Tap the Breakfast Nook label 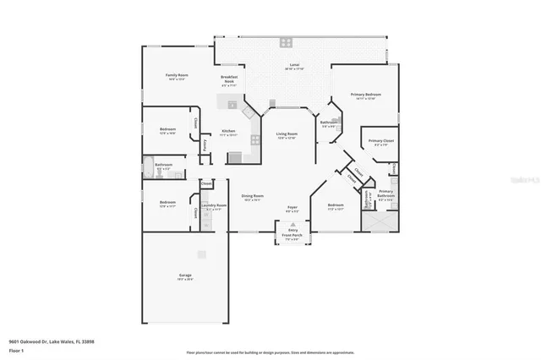[x=229, y=80]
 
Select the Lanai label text [x=294, y=66]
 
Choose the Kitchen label [x=228, y=131]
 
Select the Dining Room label [x=253, y=196]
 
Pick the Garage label [x=185, y=276]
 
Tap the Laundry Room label [x=215, y=206]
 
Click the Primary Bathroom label [x=385, y=194]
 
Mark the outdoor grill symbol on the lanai [x=287, y=41]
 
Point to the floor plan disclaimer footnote [x=270, y=351]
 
